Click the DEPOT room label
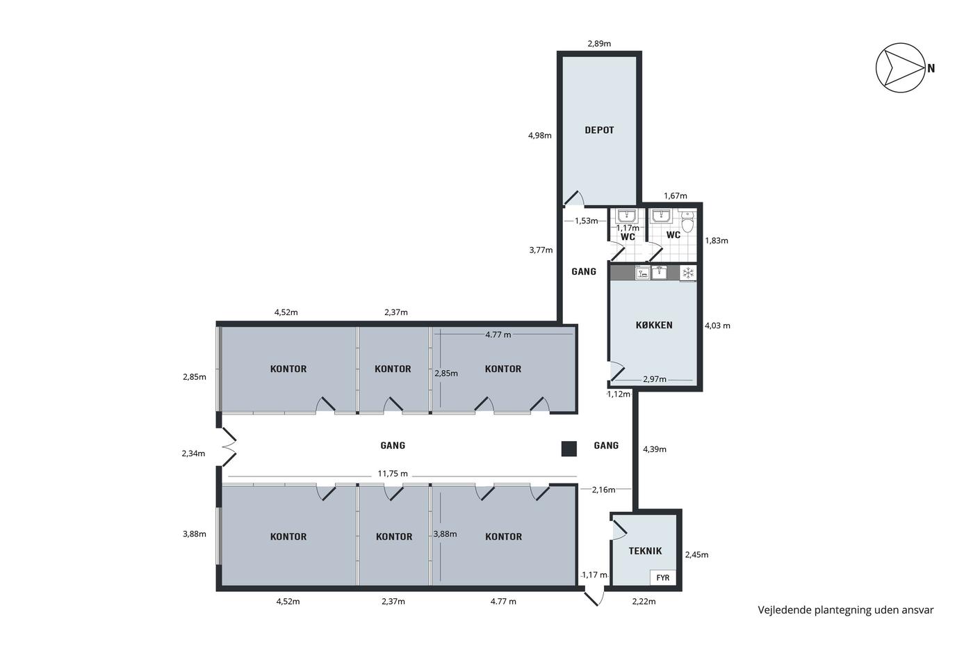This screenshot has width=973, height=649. click(x=599, y=130)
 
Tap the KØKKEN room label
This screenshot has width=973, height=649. click(x=654, y=325)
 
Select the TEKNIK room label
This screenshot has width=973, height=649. click(x=645, y=551)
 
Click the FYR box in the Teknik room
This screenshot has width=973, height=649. click(x=663, y=578)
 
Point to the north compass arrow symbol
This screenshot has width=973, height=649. click(x=901, y=67)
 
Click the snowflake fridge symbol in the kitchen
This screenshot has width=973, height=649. click(x=688, y=273)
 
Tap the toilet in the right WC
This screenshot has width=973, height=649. click(x=687, y=222)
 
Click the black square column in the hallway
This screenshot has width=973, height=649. click(x=569, y=449)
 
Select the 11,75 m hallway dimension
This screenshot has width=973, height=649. click(x=393, y=474)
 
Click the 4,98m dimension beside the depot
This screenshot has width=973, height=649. click(x=539, y=136)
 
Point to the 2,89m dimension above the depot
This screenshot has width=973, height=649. click(x=599, y=43)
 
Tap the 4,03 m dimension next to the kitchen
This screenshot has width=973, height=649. click(x=717, y=326)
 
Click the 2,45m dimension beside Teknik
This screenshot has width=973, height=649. click(x=696, y=554)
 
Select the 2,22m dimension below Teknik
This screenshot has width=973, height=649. click(x=644, y=602)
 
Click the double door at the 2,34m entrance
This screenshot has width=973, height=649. click(x=229, y=447)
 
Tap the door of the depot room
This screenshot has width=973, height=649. click(x=573, y=198)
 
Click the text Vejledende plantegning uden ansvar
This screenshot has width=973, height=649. click(x=846, y=610)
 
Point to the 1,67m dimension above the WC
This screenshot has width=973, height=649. click(x=675, y=196)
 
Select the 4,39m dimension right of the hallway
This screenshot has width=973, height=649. click(x=654, y=449)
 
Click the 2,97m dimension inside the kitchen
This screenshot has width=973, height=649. click(x=655, y=380)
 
